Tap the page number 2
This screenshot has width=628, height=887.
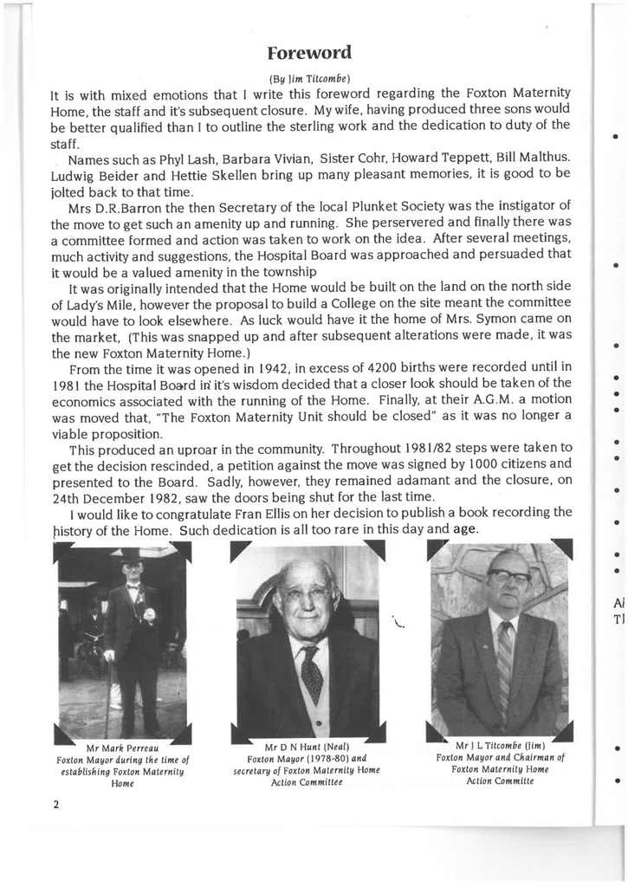(x=55, y=804)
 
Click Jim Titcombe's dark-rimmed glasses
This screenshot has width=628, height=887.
(x=508, y=575)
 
